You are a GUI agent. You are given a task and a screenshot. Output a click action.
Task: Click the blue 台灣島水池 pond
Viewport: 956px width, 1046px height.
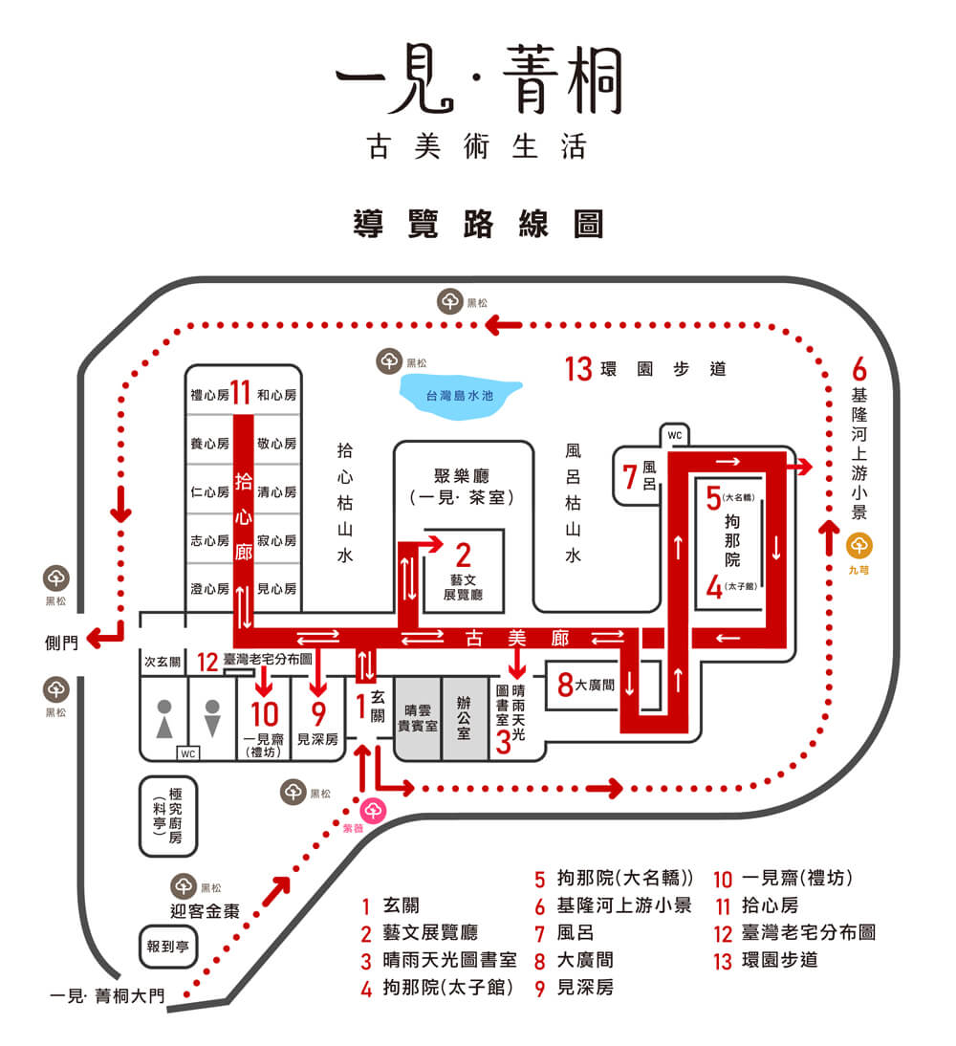(x=460, y=396)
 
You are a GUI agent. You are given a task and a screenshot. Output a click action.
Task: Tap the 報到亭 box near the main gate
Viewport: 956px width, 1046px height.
(x=166, y=948)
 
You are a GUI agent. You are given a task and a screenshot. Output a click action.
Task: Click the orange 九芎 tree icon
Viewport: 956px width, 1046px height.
(x=859, y=546)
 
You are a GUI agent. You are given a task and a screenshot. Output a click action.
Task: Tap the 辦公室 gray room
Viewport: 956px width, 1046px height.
(x=465, y=718)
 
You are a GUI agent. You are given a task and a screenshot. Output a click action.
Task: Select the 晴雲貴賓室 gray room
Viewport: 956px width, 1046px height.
(x=418, y=718)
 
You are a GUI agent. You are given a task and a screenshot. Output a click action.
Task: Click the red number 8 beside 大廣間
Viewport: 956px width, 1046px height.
(x=565, y=685)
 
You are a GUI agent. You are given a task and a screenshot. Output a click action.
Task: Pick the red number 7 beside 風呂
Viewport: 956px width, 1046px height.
(x=630, y=476)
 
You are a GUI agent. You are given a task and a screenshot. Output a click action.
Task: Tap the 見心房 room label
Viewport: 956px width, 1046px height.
(x=277, y=588)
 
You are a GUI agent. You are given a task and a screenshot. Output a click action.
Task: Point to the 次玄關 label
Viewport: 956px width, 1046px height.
(x=163, y=661)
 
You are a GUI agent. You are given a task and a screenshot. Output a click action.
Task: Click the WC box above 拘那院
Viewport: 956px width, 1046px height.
(x=675, y=436)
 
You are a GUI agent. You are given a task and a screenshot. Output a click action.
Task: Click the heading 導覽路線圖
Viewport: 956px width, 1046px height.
(x=478, y=226)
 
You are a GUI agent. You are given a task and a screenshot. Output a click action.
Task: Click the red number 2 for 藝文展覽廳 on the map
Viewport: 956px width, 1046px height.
(x=464, y=555)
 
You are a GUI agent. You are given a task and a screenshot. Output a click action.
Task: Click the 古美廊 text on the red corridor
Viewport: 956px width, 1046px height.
(x=517, y=637)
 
